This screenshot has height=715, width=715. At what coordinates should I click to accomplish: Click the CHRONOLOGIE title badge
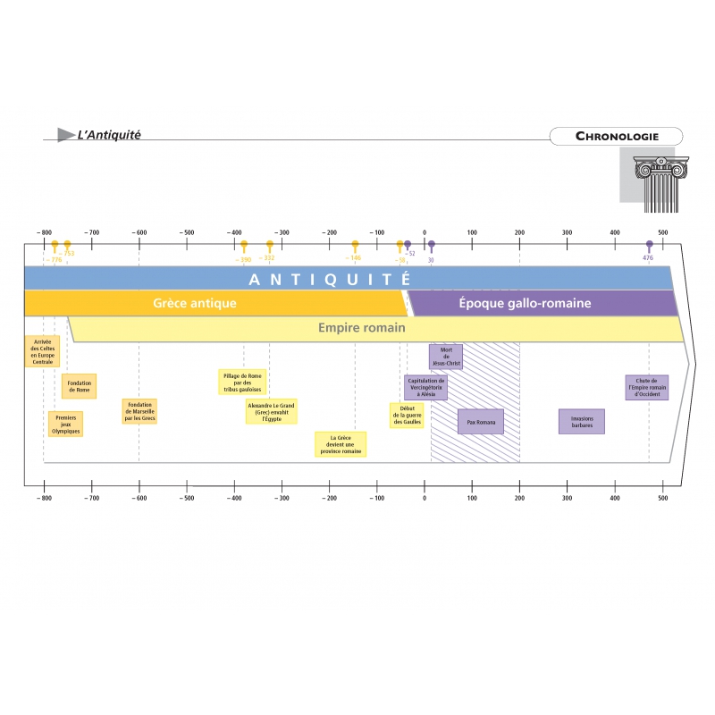click(617, 137)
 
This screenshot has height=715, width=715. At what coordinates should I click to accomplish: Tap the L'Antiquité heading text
click(109, 135)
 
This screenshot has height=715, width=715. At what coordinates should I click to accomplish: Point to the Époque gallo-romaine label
click(525, 303)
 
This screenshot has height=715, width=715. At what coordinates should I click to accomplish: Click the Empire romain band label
click(362, 328)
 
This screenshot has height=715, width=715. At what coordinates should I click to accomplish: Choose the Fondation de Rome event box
click(79, 386)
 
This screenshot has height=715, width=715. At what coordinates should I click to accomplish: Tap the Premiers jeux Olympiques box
click(66, 424)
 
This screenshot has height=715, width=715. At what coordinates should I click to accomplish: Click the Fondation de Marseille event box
click(139, 411)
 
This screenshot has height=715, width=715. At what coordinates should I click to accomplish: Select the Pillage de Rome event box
click(242, 382)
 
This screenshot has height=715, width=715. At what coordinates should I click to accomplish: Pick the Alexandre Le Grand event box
click(271, 411)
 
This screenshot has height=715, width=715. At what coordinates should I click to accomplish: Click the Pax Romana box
click(480, 421)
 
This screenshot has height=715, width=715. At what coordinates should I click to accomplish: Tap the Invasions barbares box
click(582, 421)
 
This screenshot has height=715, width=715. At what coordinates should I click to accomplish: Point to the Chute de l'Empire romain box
click(646, 387)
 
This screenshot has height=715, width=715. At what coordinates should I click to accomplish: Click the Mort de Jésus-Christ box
click(445, 357)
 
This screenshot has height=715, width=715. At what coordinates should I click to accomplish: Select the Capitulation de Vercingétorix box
click(425, 386)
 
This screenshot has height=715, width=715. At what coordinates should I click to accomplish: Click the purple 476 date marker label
click(648, 258)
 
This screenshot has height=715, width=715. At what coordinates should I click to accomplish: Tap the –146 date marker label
click(354, 258)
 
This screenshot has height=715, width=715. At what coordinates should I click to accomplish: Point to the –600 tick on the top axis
click(139, 232)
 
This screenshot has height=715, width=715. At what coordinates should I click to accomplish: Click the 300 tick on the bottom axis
click(567, 499)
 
